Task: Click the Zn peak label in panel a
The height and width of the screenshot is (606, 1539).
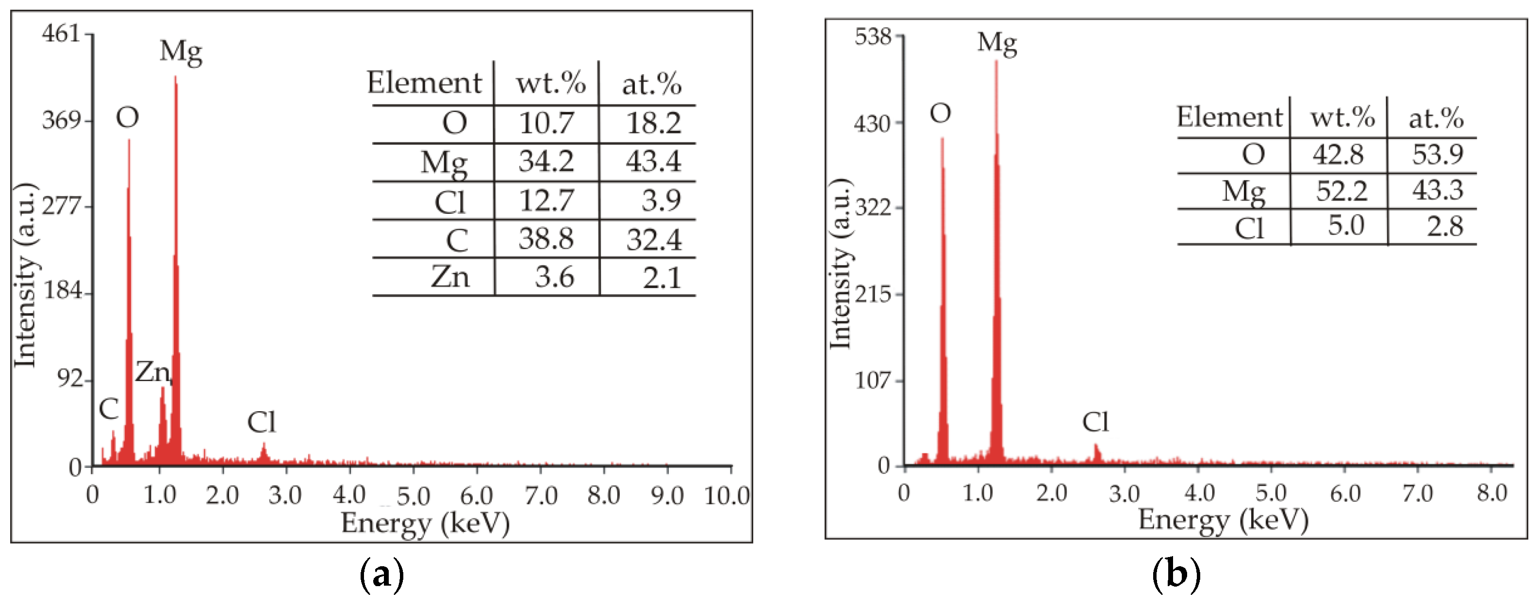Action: (x=152, y=372)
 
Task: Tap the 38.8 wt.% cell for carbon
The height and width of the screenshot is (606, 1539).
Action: (x=546, y=239)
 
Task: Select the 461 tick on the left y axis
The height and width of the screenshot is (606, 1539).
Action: (x=61, y=33)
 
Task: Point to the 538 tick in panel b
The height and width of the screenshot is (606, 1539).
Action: (x=873, y=37)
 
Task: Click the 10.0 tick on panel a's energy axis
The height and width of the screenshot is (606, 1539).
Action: (x=727, y=495)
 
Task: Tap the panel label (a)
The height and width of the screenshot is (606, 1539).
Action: (x=382, y=575)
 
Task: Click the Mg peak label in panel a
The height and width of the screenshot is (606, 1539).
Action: (x=181, y=52)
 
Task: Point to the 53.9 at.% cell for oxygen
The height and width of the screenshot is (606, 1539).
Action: (x=1437, y=155)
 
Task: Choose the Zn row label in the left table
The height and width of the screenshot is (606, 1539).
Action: (x=450, y=277)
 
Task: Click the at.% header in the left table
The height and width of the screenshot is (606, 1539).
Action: (x=651, y=83)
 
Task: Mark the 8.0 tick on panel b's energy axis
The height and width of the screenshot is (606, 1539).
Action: (x=1492, y=493)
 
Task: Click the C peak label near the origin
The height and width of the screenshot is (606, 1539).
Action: (x=108, y=410)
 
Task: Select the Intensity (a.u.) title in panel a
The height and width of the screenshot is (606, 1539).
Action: (x=25, y=275)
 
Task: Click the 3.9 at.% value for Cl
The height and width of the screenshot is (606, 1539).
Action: (x=661, y=201)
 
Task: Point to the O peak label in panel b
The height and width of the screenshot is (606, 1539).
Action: (x=941, y=113)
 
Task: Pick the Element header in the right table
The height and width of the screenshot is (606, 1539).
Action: (x=1229, y=116)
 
